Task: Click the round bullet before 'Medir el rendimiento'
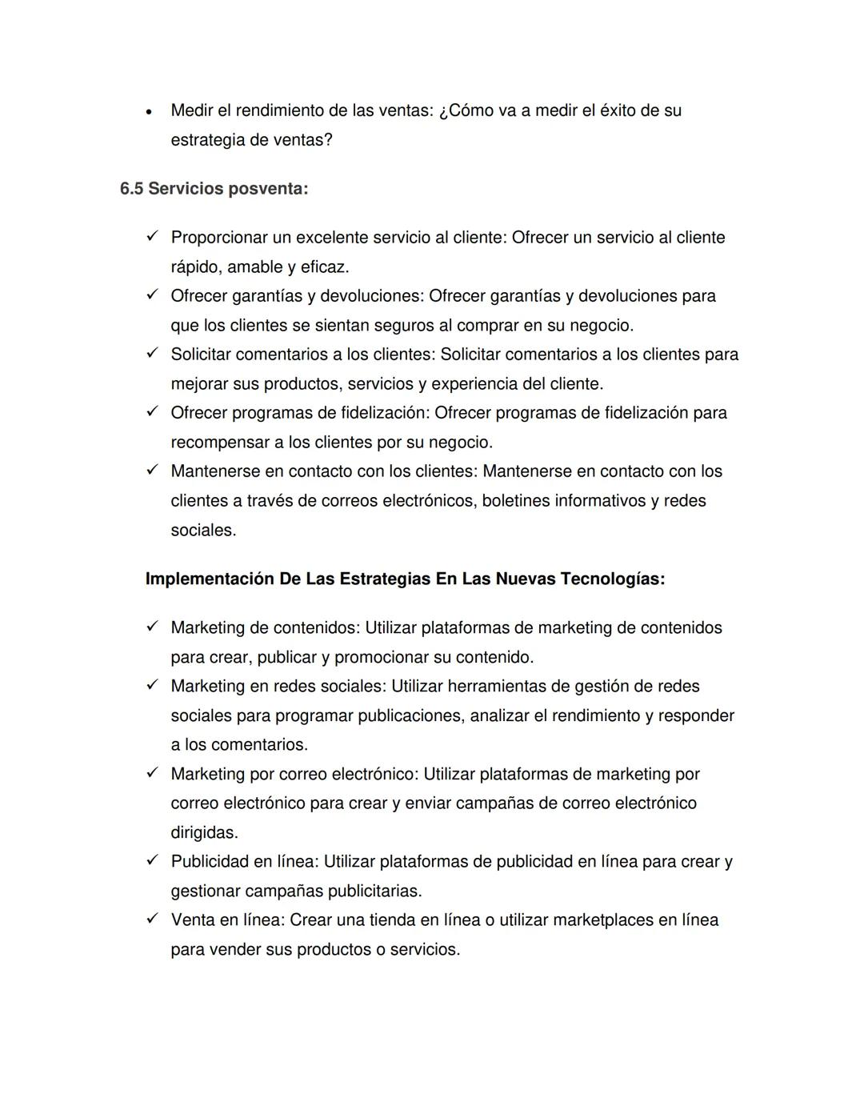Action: point(149,112)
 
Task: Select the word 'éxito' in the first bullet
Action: point(621,110)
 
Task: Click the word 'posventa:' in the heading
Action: point(268,189)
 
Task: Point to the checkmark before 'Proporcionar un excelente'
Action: point(152,237)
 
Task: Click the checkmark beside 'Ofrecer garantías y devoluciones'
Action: point(152,295)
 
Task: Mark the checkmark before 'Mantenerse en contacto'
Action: point(152,471)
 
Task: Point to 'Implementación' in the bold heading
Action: point(210,579)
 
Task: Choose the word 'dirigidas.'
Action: point(204,832)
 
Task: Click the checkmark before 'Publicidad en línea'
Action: point(152,861)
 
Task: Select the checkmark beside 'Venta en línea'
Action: point(152,920)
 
